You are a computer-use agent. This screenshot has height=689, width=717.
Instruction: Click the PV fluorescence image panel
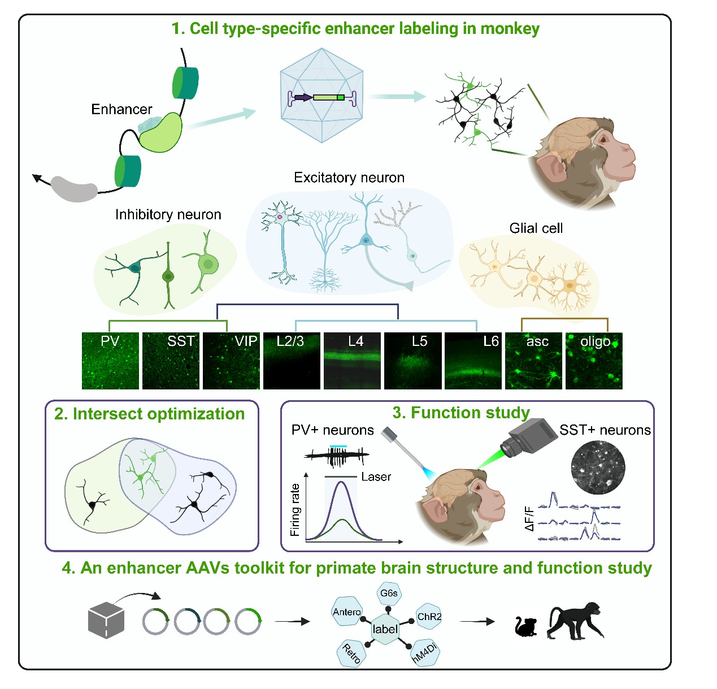tap(110, 361)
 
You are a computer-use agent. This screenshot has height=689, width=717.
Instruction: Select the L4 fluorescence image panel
tap(352, 361)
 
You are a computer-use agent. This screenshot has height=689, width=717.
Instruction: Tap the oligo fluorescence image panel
tap(594, 361)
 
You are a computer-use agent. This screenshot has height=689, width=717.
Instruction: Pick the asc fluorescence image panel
tap(533, 361)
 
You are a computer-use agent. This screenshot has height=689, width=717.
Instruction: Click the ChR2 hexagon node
tap(428, 617)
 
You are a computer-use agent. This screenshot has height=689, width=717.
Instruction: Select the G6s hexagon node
tap(389, 593)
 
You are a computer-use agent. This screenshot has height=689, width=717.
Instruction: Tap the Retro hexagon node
tap(351, 653)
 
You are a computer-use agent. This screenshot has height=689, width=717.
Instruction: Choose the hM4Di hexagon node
tap(424, 652)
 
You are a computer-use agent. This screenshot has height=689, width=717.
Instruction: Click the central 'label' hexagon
tap(385, 629)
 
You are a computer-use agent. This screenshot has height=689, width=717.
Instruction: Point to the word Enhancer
tap(121, 109)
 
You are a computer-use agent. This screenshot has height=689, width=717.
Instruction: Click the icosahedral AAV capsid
tap(321, 95)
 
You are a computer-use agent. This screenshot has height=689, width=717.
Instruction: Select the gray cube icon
tap(106, 620)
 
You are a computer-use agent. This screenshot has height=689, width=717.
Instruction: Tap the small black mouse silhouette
tap(525, 626)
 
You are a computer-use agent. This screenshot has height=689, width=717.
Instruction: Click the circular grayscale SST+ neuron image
tap(598, 467)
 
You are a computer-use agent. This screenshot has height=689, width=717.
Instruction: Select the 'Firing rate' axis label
tap(295, 510)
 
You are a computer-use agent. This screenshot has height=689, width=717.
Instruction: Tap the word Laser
tap(376, 476)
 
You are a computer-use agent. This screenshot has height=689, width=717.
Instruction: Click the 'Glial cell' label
tap(536, 228)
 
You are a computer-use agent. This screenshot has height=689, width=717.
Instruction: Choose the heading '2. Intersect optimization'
tap(150, 414)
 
